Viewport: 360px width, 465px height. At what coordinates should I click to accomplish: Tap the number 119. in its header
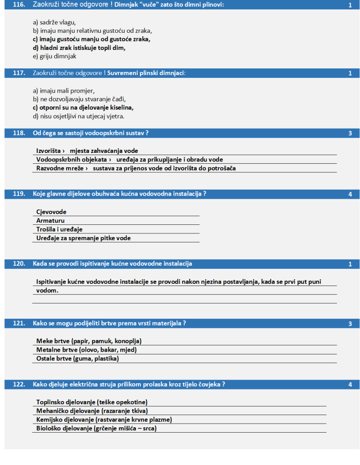point(19,194)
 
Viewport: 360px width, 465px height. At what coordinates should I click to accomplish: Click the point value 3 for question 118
point(350,133)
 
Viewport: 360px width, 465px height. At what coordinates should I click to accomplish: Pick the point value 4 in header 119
point(350,194)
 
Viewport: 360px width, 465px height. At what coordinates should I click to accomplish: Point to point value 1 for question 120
point(350,264)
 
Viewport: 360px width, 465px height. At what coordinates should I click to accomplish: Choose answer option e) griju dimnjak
point(54,56)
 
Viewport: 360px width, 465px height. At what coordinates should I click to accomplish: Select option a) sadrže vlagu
point(54,22)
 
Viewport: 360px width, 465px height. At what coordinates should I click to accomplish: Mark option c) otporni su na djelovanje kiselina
point(83,107)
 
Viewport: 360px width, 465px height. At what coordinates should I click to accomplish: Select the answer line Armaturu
point(50,220)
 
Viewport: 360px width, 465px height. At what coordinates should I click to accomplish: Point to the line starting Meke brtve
point(92,341)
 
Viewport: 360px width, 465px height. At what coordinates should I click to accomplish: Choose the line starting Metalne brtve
point(86,349)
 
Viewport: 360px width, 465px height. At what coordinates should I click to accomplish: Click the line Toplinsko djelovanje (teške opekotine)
point(92,402)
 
